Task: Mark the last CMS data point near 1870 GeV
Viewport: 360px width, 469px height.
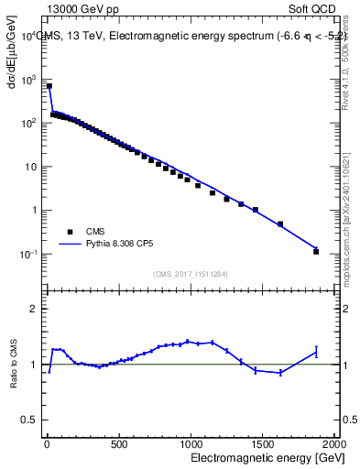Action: (x=316, y=251)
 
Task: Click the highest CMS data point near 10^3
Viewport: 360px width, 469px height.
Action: (x=49, y=86)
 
